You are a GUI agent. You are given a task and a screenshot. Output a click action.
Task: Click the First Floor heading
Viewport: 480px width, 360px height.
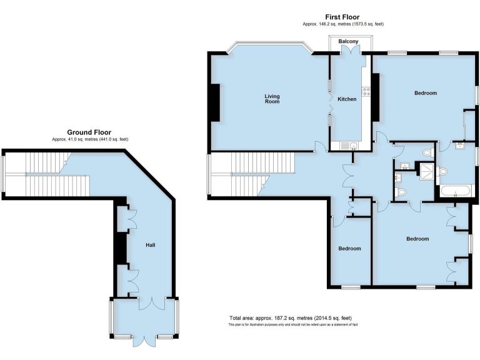(x=342, y=17)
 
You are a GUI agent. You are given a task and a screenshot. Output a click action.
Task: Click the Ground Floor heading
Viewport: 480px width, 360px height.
(x=89, y=132)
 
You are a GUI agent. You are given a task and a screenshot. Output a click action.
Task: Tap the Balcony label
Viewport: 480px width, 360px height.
(x=349, y=42)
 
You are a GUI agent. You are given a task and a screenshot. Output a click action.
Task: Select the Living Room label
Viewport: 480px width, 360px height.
(x=272, y=99)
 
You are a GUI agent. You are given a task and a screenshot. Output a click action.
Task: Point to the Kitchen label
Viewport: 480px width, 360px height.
(x=347, y=99)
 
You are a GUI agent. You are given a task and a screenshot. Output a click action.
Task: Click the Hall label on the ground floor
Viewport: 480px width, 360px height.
(x=150, y=245)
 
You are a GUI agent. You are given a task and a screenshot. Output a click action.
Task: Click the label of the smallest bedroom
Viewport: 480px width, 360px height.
(x=350, y=249)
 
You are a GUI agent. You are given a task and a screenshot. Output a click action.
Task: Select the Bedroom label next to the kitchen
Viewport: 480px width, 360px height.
(x=425, y=93)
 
